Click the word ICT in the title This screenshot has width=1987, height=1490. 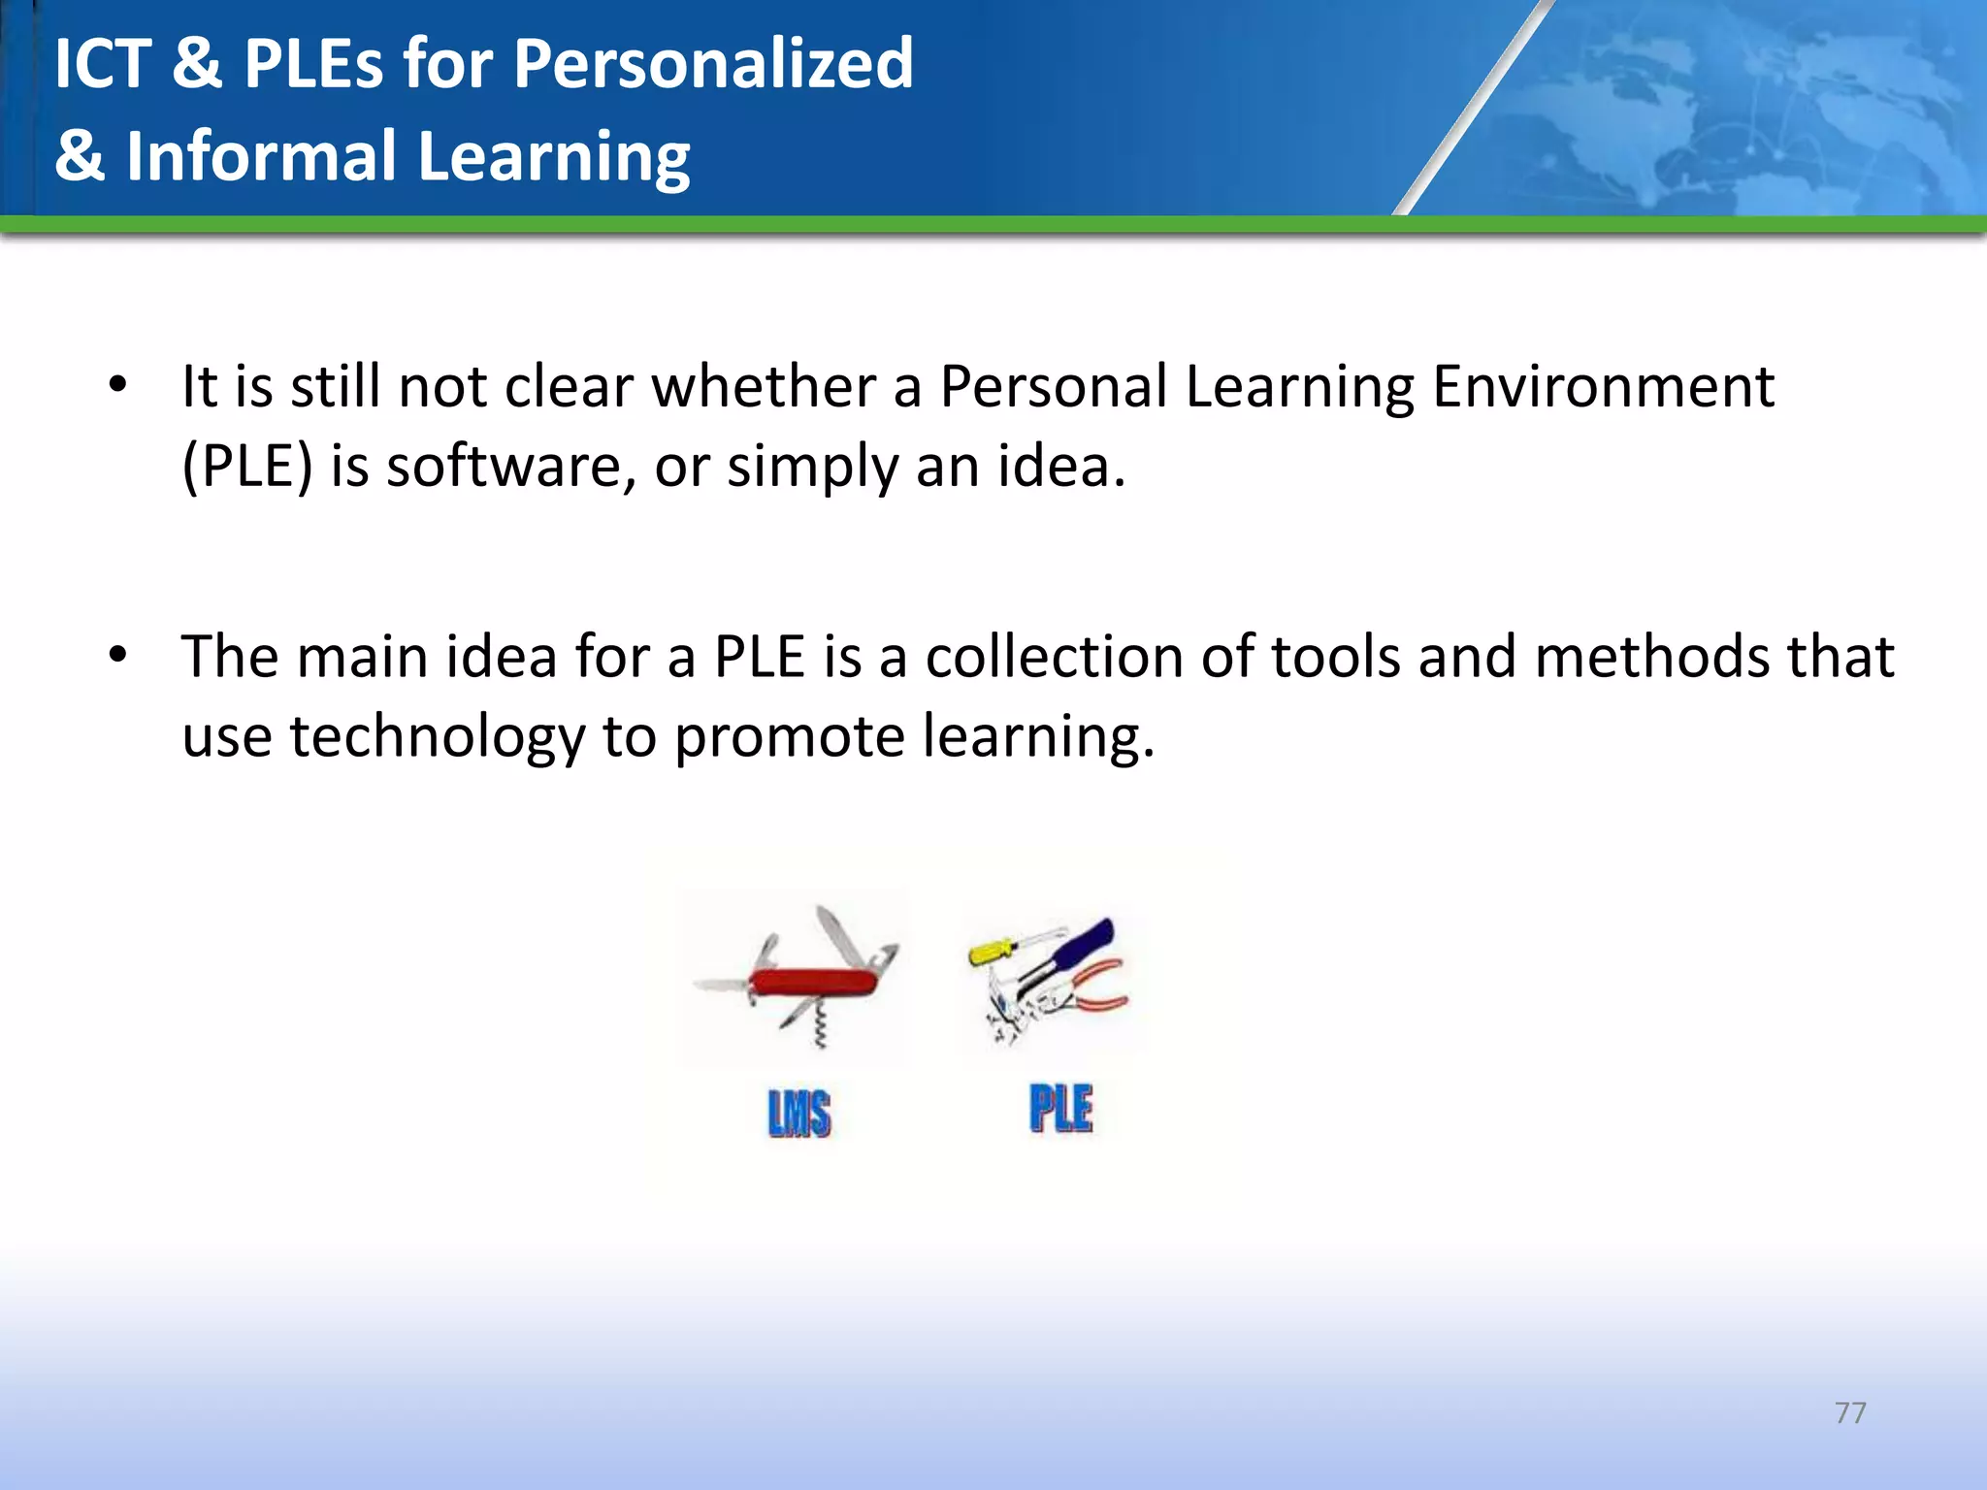click(x=103, y=64)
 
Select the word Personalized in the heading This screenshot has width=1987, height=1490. click(x=712, y=64)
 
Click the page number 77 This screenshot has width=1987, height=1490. click(x=1850, y=1412)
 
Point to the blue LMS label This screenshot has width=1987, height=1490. click(x=798, y=1113)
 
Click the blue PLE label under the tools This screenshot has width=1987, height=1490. click(x=1060, y=1109)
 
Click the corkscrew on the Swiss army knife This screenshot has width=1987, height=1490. click(x=820, y=1028)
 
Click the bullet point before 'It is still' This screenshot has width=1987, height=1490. click(x=118, y=385)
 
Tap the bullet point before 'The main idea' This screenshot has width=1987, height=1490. click(x=118, y=656)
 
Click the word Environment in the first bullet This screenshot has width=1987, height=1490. click(x=1603, y=386)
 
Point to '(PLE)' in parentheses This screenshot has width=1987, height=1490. click(x=247, y=467)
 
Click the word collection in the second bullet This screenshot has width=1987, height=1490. click(x=1054, y=657)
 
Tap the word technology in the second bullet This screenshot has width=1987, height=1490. click(x=437, y=736)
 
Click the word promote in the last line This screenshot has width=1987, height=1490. click(x=789, y=736)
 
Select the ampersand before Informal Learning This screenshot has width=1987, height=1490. click(x=79, y=156)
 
